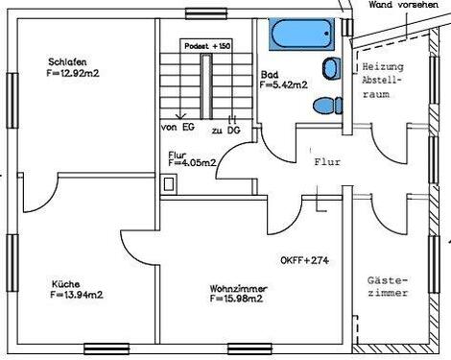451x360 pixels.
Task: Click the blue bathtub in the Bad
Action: tap(302, 36)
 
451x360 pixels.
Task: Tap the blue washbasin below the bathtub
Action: tap(332, 68)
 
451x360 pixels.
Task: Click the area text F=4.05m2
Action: tap(192, 163)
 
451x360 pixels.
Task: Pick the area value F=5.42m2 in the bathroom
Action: tap(283, 84)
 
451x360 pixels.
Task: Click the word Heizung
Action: tap(385, 68)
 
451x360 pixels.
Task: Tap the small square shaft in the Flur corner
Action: tap(170, 187)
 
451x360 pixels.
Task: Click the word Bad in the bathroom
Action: tap(270, 74)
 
